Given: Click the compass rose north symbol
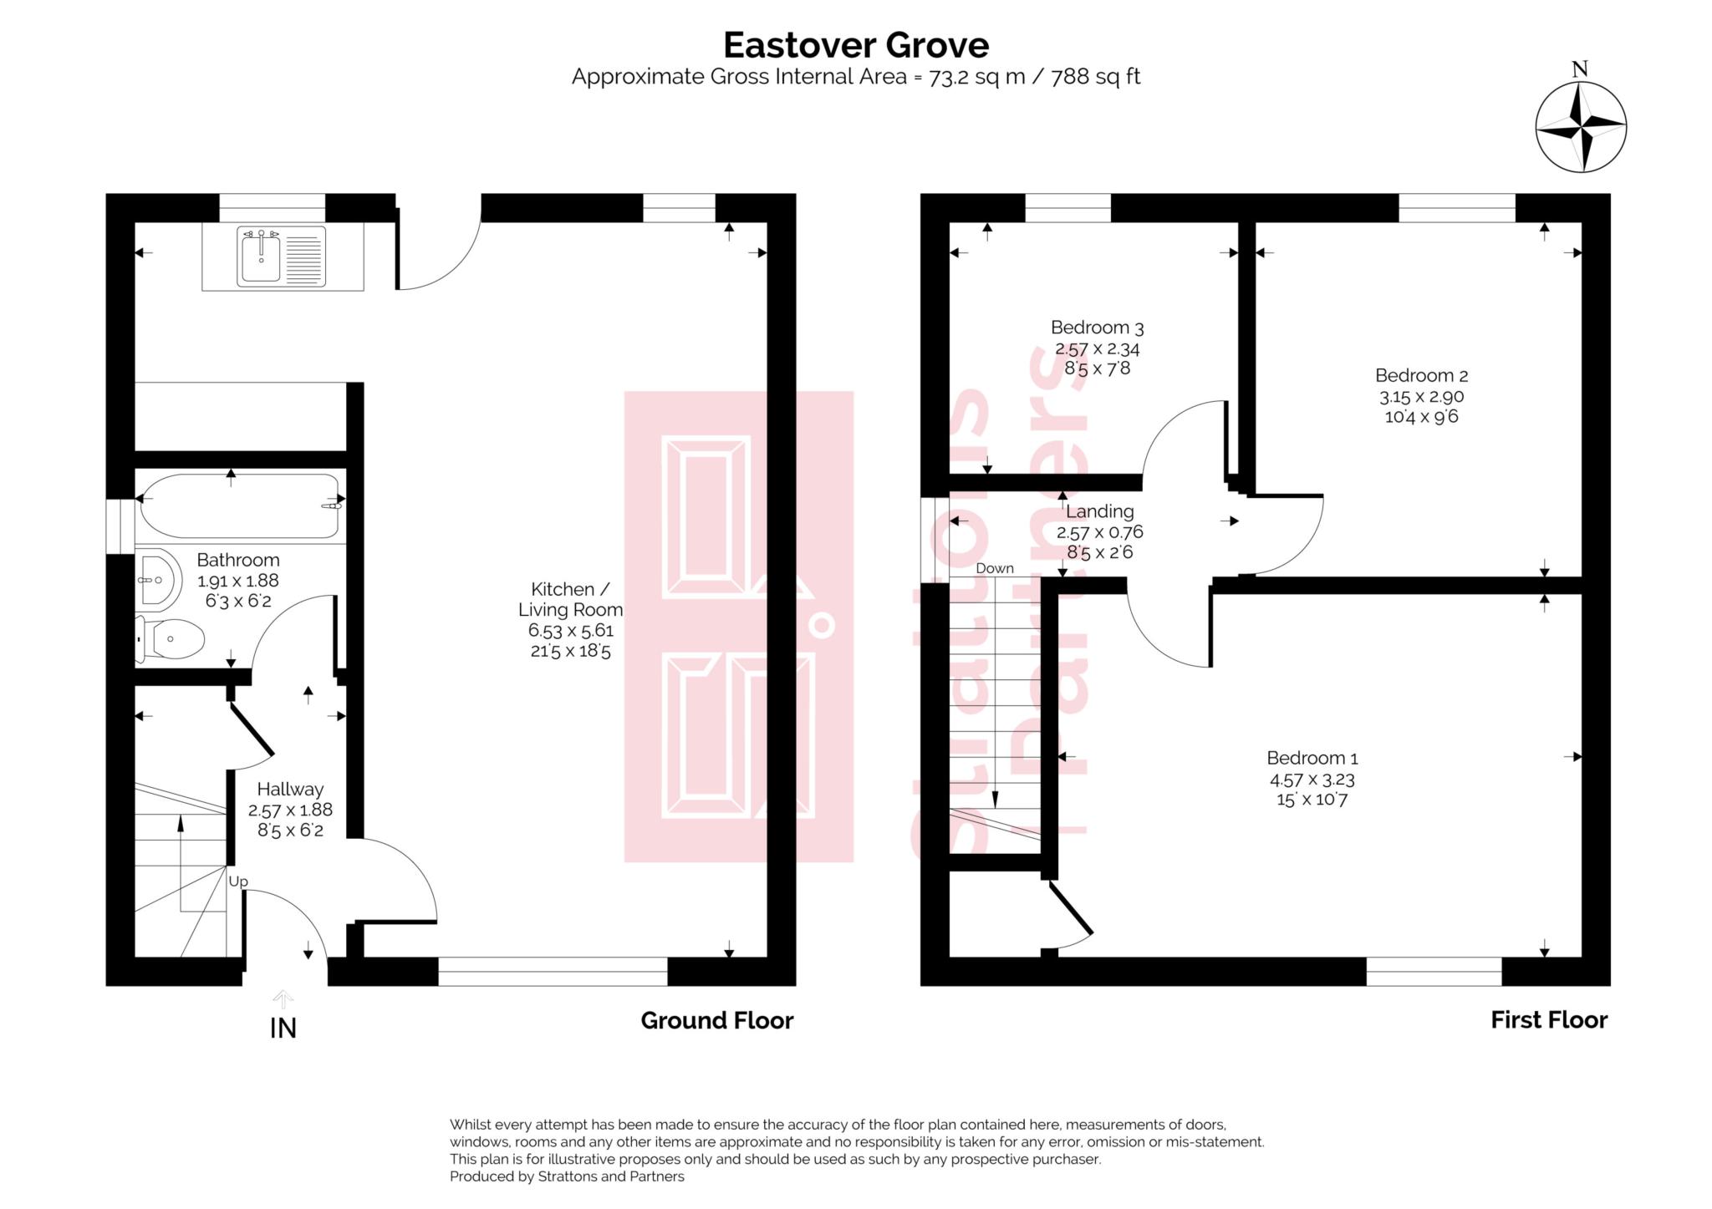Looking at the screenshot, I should (x=1580, y=128).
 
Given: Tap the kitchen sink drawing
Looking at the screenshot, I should (x=281, y=257).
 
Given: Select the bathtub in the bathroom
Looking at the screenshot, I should (x=239, y=506).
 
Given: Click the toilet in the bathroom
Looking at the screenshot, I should (x=171, y=640).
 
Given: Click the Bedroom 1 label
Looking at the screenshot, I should (x=1312, y=758).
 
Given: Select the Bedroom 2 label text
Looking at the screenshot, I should (x=1421, y=376).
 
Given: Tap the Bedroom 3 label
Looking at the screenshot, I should (x=1097, y=328).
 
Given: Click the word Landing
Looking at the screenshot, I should (x=1099, y=511).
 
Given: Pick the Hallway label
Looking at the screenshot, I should (x=289, y=789).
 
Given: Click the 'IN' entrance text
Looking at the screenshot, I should (x=283, y=1029).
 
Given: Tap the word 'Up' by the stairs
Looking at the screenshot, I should (x=238, y=881).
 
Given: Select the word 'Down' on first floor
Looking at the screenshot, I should (x=994, y=568).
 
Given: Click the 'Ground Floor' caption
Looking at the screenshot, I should (x=716, y=1020).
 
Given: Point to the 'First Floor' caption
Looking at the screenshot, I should (x=1548, y=1020).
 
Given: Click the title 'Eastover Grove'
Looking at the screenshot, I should (x=855, y=44).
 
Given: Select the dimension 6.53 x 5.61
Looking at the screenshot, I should (x=570, y=631).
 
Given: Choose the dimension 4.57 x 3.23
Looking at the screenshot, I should (x=1312, y=780).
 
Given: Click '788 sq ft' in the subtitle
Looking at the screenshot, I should (x=1095, y=77).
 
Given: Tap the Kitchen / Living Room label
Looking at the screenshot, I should (x=570, y=599).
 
